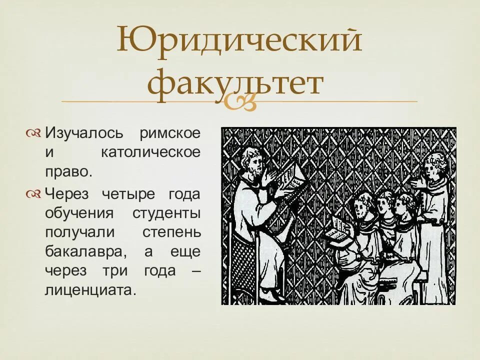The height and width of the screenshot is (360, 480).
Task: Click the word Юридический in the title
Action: tap(239, 41)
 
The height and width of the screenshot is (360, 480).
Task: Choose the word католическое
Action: tap(150, 152)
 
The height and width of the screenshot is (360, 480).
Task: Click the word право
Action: tap(68, 171)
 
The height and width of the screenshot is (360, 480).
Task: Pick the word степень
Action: tap(171, 232)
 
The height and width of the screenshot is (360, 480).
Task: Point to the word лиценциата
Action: tap(90, 290)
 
